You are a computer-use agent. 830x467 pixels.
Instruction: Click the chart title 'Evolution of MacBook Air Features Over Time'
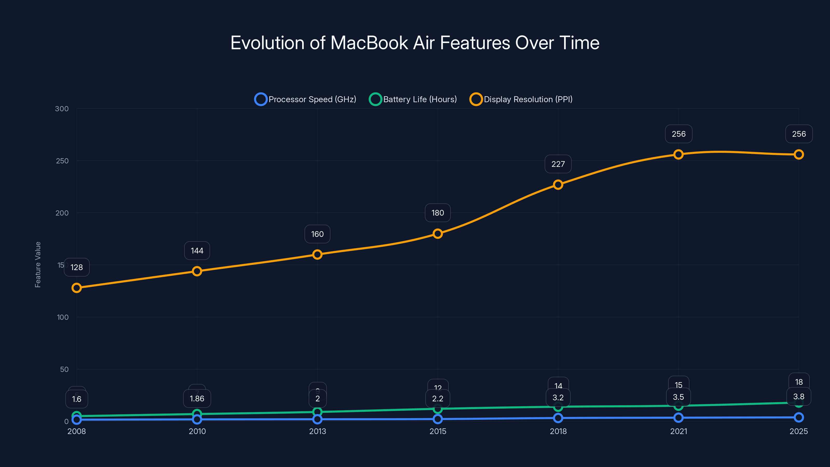415,43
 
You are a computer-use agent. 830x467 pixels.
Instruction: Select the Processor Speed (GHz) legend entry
306,99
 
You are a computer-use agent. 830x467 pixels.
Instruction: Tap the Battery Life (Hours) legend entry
413,99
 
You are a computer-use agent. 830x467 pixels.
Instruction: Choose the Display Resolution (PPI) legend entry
521,99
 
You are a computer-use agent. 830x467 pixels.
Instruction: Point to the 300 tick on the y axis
62,109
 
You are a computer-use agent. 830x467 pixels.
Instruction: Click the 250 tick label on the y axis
62,161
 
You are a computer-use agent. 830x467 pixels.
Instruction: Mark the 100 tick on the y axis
63,317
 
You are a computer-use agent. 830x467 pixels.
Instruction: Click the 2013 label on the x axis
317,431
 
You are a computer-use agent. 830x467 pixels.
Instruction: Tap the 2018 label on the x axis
558,431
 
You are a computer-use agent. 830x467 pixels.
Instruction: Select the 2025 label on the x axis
798,431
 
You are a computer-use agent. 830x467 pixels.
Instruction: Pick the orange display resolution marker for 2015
438,234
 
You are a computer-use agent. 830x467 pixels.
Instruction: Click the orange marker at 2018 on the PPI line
558,185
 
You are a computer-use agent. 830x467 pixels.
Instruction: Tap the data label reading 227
558,164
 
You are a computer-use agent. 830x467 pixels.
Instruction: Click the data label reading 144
197,251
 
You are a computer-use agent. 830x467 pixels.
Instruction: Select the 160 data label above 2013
317,234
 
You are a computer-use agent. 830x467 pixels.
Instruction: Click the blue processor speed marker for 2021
678,418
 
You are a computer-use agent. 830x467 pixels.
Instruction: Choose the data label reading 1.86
197,399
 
